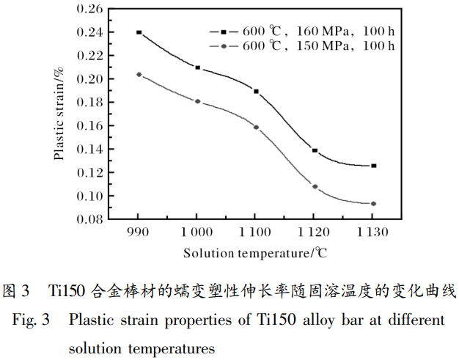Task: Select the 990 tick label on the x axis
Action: point(138,232)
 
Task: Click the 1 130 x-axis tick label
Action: point(372,232)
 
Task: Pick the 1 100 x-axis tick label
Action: point(255,232)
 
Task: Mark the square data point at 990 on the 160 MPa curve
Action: point(139,32)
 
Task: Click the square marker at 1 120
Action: point(315,150)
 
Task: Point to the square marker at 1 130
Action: point(373,166)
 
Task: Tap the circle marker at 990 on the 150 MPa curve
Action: point(139,74)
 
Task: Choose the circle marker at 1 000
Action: point(197,101)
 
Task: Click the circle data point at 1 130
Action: point(373,204)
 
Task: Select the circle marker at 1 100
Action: point(256,127)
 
